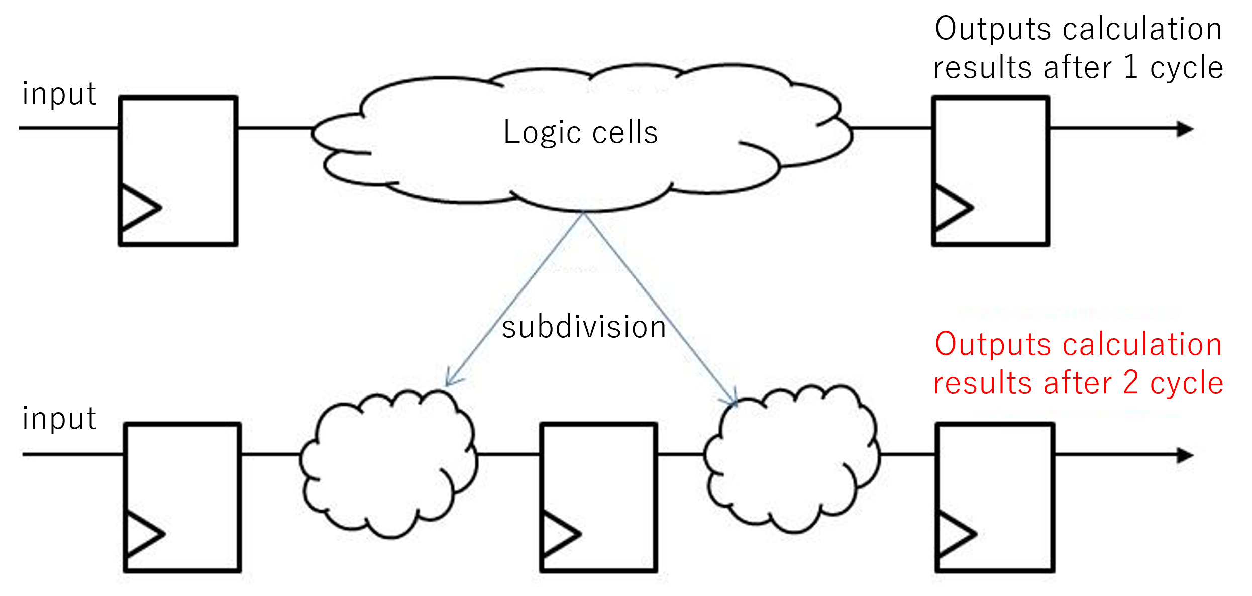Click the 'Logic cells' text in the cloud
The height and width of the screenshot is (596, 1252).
pyautogui.click(x=580, y=133)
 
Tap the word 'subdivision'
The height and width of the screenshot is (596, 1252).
pyautogui.click(x=584, y=327)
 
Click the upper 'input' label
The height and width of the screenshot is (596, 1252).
pyautogui.click(x=59, y=94)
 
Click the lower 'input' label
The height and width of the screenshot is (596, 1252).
pyautogui.click(x=59, y=419)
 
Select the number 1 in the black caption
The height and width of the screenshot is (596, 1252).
pyautogui.click(x=1131, y=67)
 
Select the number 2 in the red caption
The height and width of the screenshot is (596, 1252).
pyautogui.click(x=1131, y=383)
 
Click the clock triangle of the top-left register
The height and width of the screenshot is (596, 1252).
pyautogui.click(x=139, y=208)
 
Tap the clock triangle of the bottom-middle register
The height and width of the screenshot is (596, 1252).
pyautogui.click(x=559, y=534)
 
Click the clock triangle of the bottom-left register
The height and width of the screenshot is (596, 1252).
pyautogui.click(x=143, y=534)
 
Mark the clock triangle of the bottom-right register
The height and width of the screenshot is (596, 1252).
pyautogui.click(x=955, y=534)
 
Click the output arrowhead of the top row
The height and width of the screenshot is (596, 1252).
pyautogui.click(x=1186, y=129)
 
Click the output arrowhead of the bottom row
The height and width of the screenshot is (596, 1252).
pyautogui.click(x=1186, y=455)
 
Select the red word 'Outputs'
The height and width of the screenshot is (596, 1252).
pyautogui.click(x=992, y=345)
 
